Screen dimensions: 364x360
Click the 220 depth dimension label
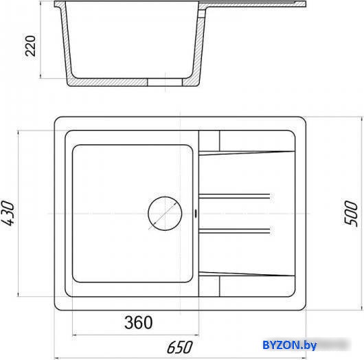click(30, 46)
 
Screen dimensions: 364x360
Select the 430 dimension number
click(8, 213)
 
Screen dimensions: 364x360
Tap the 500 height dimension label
click(350, 213)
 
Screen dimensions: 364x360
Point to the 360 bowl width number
click(139, 322)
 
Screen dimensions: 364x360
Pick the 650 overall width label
click(179, 348)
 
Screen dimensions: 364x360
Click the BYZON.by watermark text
click(289, 345)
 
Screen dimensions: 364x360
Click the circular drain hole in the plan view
click(165, 214)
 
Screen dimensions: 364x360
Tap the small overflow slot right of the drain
click(196, 214)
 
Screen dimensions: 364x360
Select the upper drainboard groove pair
click(234, 196)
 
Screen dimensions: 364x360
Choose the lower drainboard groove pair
click(234, 231)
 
